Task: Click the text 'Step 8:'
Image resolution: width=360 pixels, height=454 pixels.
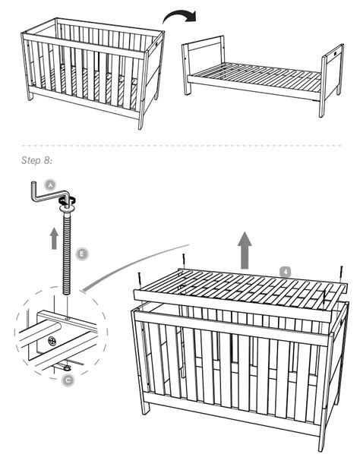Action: pyautogui.click(x=32, y=159)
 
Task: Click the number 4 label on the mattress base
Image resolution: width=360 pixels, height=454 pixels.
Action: pyautogui.click(x=284, y=270)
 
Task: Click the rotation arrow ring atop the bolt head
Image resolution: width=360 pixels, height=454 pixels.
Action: pyautogui.click(x=65, y=201)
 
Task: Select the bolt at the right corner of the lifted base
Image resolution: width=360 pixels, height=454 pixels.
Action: pyautogui.click(x=341, y=273)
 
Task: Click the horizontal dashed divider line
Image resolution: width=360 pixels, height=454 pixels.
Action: pyautogui.click(x=180, y=144)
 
